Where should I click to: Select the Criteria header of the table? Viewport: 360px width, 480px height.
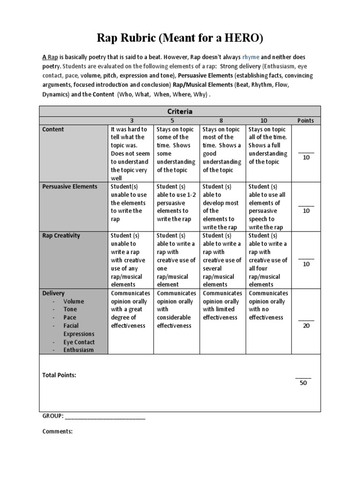180,112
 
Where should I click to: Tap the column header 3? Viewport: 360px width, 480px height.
131,120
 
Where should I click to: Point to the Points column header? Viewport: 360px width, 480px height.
306,120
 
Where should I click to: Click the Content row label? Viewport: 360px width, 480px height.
53,129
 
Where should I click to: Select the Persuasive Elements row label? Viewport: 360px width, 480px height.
70,187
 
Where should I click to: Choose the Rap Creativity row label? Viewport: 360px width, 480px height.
61,236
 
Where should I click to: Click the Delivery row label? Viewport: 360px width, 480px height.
53,293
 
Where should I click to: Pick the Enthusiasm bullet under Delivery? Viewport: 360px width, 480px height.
79,350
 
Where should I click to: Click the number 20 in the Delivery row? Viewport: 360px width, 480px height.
307,326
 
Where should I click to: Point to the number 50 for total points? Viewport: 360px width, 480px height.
303,383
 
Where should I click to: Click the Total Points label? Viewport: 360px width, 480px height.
60,375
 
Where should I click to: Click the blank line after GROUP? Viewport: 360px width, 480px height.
105,416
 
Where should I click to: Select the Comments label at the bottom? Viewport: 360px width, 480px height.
58,432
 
